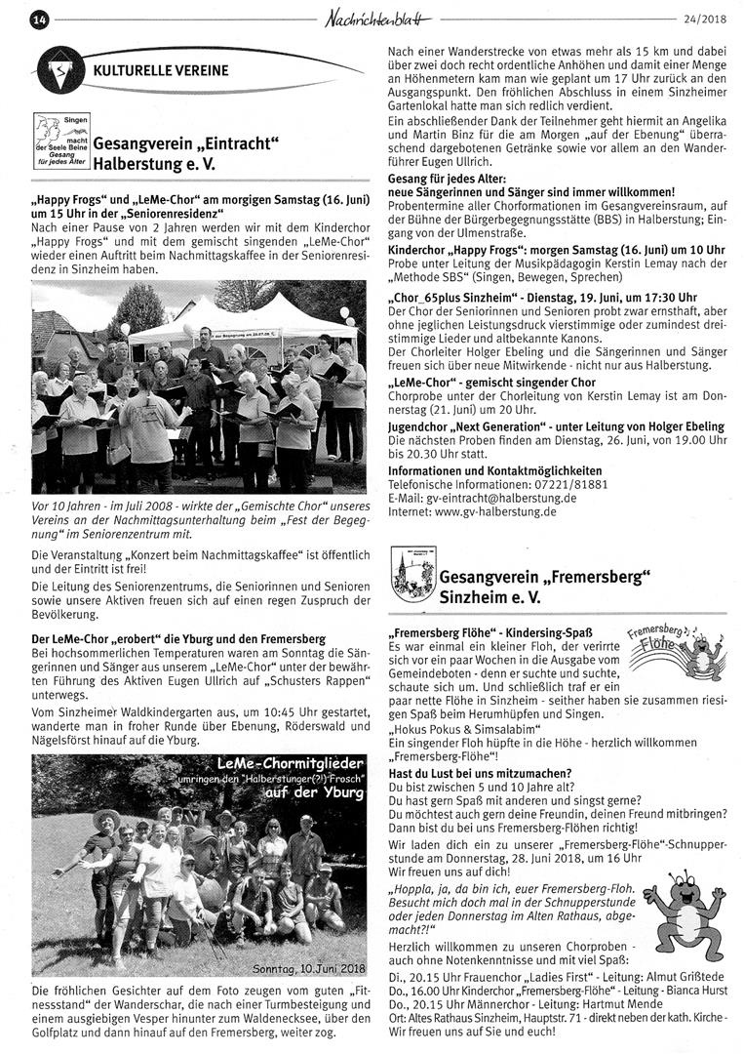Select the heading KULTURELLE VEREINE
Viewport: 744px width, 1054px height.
tap(161, 70)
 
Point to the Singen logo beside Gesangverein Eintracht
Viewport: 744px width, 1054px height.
tap(60, 140)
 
